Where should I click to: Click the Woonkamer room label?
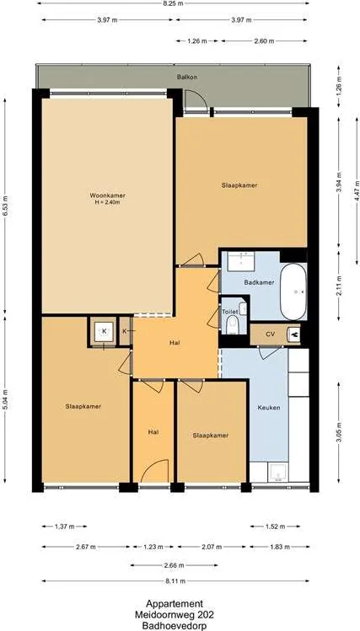click(x=105, y=195)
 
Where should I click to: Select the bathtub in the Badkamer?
click(x=293, y=291)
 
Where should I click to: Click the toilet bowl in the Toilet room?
click(x=232, y=324)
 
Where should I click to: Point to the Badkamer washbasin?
click(x=241, y=261)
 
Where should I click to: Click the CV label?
click(x=270, y=334)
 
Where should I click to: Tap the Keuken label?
click(x=269, y=407)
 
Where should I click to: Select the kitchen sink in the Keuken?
click(x=278, y=473)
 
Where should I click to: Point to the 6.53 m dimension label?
click(x=6, y=206)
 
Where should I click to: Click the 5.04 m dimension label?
click(x=6, y=398)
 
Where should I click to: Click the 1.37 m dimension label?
click(x=64, y=527)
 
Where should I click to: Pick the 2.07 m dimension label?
click(x=212, y=547)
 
